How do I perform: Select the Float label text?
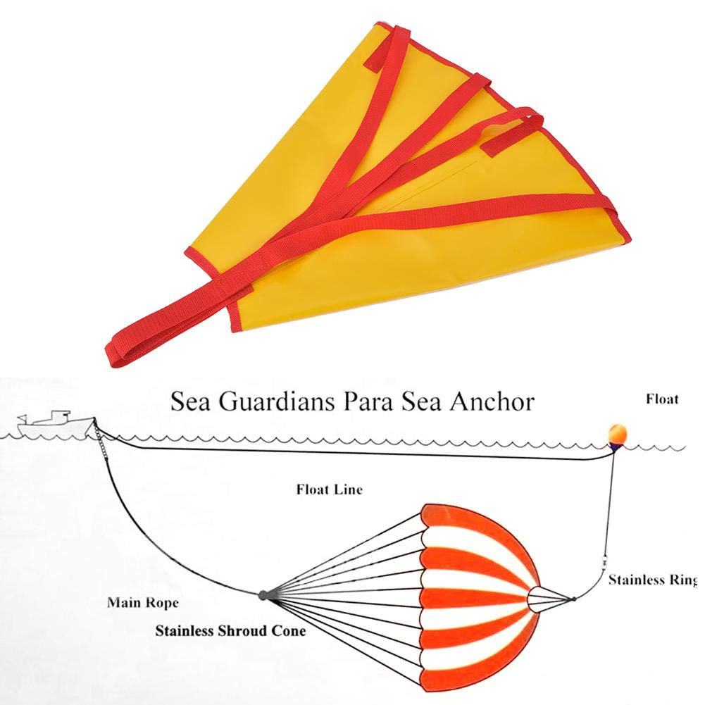662,399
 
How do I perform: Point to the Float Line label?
329,489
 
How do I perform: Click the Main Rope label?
142,602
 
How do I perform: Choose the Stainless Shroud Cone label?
230,631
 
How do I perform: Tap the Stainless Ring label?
653,580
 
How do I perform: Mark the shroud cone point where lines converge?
263,595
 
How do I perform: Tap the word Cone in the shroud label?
288,631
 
